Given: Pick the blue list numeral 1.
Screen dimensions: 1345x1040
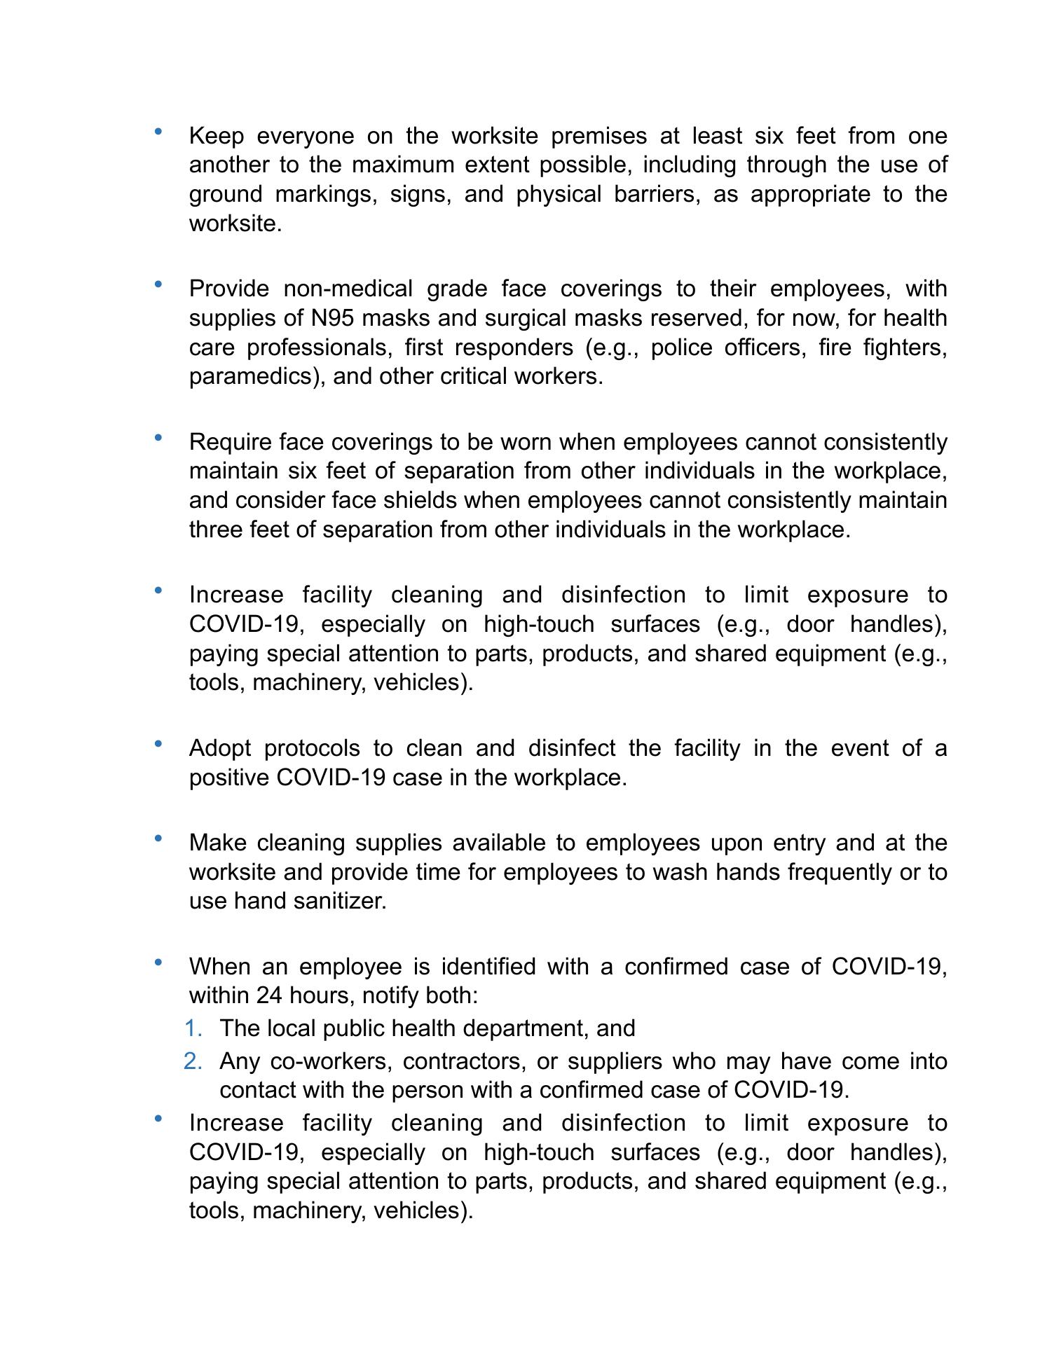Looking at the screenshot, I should [193, 1028].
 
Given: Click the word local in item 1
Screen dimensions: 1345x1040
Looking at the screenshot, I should [293, 1028].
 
